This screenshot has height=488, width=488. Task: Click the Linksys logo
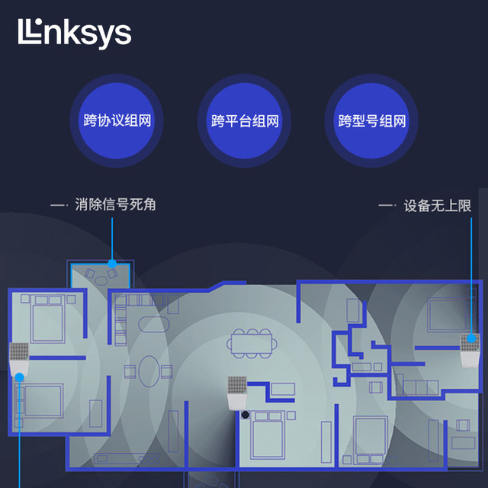pyautogui.click(x=75, y=34)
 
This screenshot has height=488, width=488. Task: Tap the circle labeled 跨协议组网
pyautogui.click(x=117, y=120)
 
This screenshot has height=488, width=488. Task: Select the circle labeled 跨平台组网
pyautogui.click(x=244, y=120)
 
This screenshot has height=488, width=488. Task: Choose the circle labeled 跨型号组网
pyautogui.click(x=371, y=120)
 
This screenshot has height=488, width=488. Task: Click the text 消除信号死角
pyautogui.click(x=115, y=205)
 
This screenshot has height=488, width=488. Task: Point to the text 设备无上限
pyautogui.click(x=437, y=206)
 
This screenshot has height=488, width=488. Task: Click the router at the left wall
pyautogui.click(x=19, y=360)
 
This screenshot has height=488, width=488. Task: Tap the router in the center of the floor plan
pyautogui.click(x=237, y=393)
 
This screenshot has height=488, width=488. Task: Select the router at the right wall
pyautogui.click(x=470, y=351)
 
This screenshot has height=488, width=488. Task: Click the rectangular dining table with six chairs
pyautogui.click(x=252, y=344)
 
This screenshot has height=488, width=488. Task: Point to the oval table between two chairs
pyautogui.click(x=149, y=371)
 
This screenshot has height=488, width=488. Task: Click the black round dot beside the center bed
pyautogui.click(x=246, y=415)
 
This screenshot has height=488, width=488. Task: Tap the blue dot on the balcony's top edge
pyautogui.click(x=112, y=264)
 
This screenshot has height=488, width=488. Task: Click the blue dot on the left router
pyautogui.click(x=19, y=377)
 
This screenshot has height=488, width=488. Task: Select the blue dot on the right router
pyautogui.click(x=471, y=339)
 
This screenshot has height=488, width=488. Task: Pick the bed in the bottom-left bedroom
pyautogui.click(x=40, y=400)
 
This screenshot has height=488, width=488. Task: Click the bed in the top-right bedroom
pyautogui.click(x=448, y=315)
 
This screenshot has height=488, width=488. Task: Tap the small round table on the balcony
pyautogui.click(x=101, y=281)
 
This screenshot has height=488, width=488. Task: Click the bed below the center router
pyautogui.click(x=268, y=435)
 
